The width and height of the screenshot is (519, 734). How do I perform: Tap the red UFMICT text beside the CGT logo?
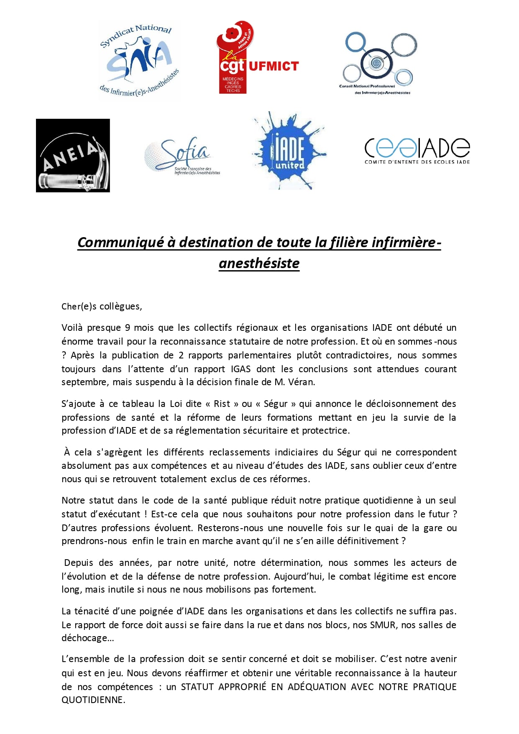[274, 66]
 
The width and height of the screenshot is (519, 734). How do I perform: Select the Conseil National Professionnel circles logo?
[378, 63]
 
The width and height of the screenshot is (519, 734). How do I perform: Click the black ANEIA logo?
[73, 156]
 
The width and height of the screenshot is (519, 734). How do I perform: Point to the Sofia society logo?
[182, 156]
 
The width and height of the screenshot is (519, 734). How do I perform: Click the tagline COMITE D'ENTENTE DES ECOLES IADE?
[417, 162]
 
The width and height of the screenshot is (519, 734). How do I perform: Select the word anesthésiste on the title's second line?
[259, 263]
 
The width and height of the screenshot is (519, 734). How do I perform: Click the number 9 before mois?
[128, 327]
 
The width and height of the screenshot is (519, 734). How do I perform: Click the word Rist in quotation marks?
[222, 404]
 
